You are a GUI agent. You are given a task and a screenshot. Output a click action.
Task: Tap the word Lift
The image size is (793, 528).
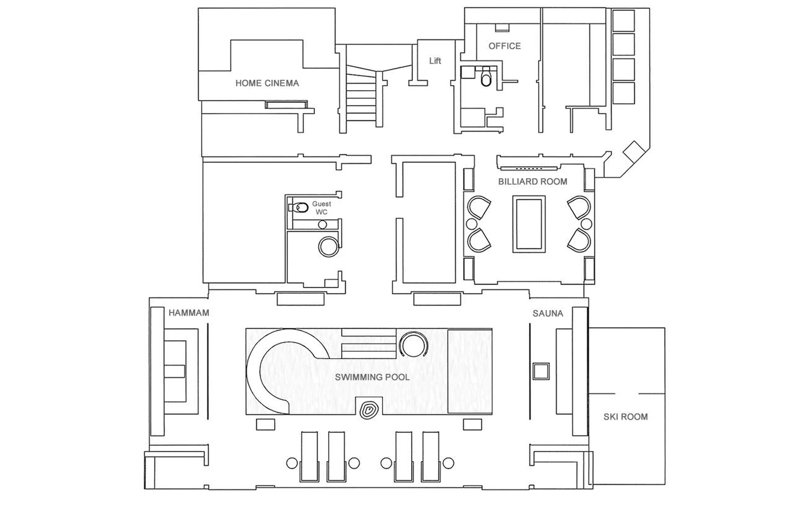(x=435, y=61)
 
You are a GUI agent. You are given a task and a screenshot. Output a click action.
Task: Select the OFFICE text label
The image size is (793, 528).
(x=504, y=46)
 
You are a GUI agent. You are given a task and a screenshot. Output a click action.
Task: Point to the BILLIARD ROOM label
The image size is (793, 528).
(x=532, y=182)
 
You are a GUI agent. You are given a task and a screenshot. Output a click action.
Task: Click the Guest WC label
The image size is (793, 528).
(x=321, y=208)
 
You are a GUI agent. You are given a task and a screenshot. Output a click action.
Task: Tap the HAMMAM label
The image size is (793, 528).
(x=189, y=313)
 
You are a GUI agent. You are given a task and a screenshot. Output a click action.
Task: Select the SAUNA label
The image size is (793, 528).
(x=547, y=313)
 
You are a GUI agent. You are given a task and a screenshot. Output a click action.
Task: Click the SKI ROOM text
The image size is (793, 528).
(x=625, y=417)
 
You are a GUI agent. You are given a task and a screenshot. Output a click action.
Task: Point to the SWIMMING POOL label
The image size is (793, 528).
(x=372, y=377)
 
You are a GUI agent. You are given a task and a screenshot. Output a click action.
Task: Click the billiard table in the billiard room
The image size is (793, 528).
(x=528, y=224)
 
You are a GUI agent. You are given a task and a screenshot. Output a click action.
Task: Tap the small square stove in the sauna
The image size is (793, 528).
(x=541, y=371)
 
